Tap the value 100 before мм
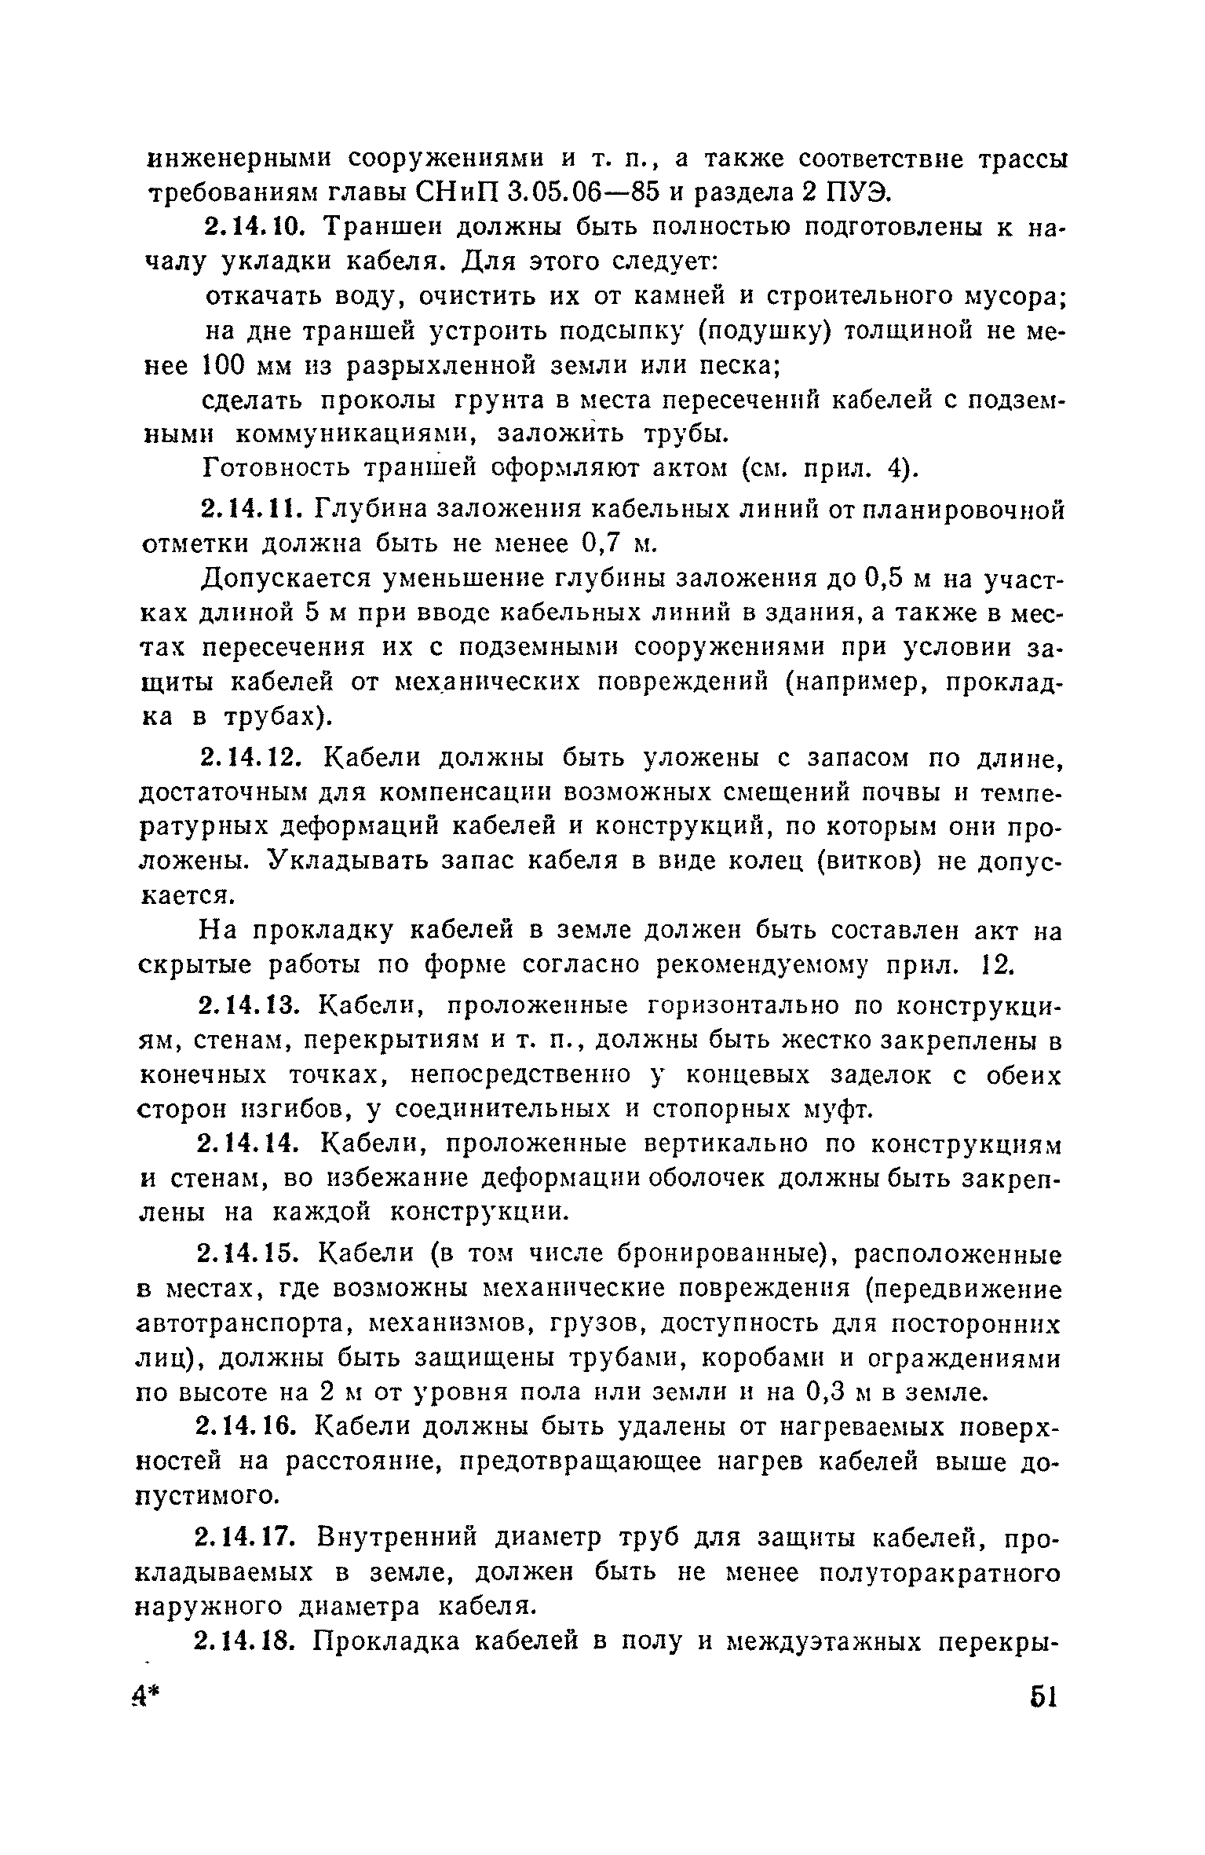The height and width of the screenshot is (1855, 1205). [x=227, y=365]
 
